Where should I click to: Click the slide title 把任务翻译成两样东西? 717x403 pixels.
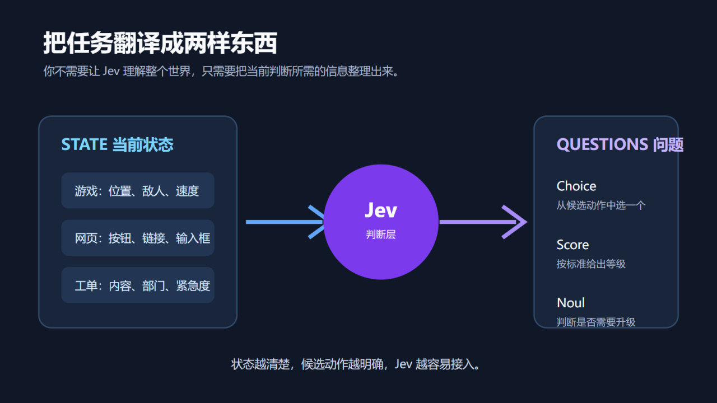point(160,43)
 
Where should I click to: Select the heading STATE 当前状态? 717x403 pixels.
point(117,144)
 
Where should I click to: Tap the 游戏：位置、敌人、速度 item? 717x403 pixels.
point(138,191)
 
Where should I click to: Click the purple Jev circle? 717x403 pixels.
point(381,222)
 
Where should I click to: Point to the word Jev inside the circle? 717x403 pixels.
point(381,210)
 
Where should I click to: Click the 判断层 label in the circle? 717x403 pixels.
point(381,235)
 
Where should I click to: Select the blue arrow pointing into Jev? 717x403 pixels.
point(285,222)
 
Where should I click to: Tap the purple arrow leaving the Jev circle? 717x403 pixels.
point(483,222)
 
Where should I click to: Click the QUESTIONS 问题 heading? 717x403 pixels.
point(620,144)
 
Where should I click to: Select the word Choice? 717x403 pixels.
point(576,186)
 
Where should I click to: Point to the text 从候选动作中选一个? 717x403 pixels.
point(601,205)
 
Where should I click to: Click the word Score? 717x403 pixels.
point(572,245)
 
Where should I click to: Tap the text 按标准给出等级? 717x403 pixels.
point(591,264)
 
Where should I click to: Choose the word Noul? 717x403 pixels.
point(571,303)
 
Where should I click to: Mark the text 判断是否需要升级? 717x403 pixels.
point(596,322)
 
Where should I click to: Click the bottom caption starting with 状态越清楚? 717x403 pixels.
point(355,364)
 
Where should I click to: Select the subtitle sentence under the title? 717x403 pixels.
point(221,71)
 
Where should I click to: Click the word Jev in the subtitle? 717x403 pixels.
point(111,71)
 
